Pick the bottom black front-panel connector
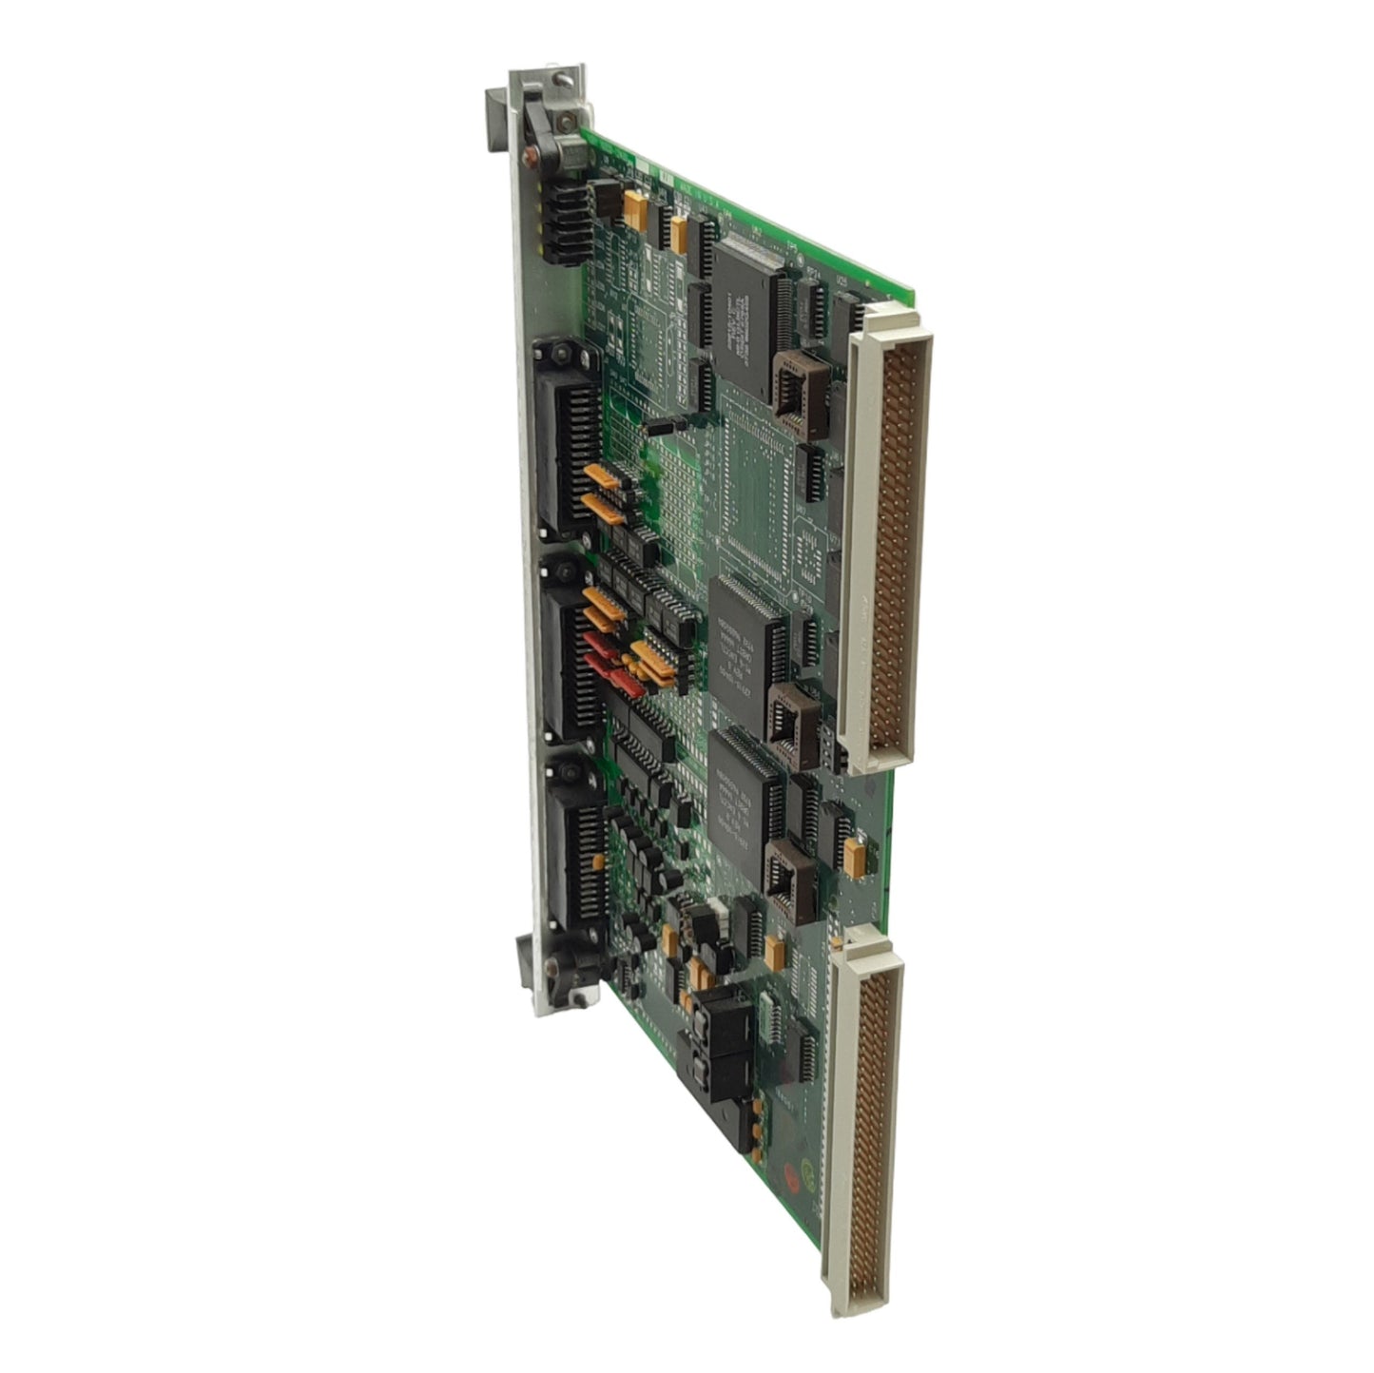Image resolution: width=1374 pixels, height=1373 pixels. coord(575,850)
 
